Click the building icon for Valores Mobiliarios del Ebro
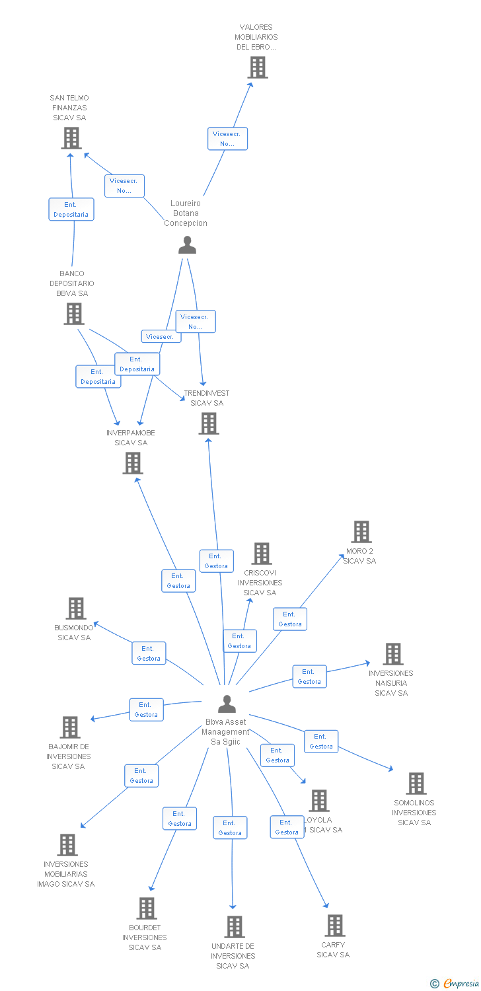tap(258, 67)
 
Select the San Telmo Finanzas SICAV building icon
tap(71, 138)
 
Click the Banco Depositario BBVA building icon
tap(73, 314)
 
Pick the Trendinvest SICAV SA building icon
tap(209, 423)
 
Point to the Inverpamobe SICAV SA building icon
tap(133, 463)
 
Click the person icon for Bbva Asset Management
tap(227, 704)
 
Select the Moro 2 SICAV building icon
tap(361, 532)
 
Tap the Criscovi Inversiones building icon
tap(262, 554)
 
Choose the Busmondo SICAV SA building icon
tap(76, 608)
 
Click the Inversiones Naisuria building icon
tap(393, 654)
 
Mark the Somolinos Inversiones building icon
tap(416, 784)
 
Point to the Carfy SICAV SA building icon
tap(335, 926)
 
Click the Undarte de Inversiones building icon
tap(235, 927)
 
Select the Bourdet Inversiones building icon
tap(147, 908)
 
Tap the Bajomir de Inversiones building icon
tap(70, 727)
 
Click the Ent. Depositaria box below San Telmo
tap(71, 209)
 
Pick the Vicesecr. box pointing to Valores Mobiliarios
tap(228, 139)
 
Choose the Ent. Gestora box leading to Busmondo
tap(149, 653)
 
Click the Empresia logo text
tap(461, 984)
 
